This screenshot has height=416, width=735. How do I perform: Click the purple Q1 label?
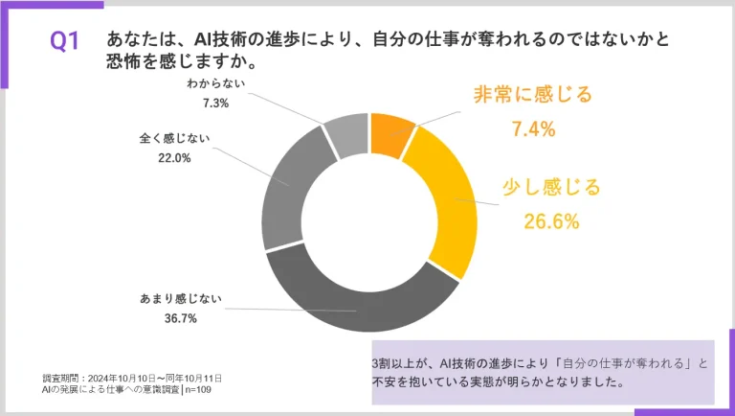pos(65,41)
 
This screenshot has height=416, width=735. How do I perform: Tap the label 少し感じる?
pos(551,187)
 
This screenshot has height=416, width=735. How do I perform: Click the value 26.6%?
pos(551,222)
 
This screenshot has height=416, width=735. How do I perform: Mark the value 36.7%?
pos(174,318)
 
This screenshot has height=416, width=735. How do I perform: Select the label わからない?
pos(217,83)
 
